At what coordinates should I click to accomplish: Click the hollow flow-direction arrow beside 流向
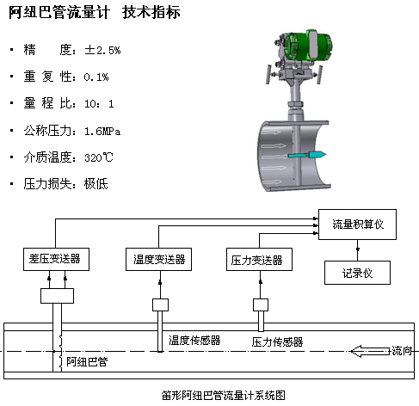click(371, 351)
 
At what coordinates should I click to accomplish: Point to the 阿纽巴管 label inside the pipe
click(87, 362)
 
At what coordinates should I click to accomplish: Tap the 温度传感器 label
click(194, 341)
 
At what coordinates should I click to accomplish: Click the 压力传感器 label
click(277, 341)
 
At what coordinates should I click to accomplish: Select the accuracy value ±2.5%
click(102, 50)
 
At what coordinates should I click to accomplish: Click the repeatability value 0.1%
click(96, 77)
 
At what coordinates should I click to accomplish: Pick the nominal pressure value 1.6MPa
click(102, 132)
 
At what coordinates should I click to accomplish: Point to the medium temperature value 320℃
click(99, 157)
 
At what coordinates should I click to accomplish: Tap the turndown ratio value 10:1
click(99, 103)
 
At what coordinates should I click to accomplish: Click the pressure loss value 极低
click(96, 184)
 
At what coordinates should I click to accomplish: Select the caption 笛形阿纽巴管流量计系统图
click(224, 395)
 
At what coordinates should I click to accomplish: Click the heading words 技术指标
click(151, 12)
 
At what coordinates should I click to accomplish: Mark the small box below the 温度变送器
click(160, 305)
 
